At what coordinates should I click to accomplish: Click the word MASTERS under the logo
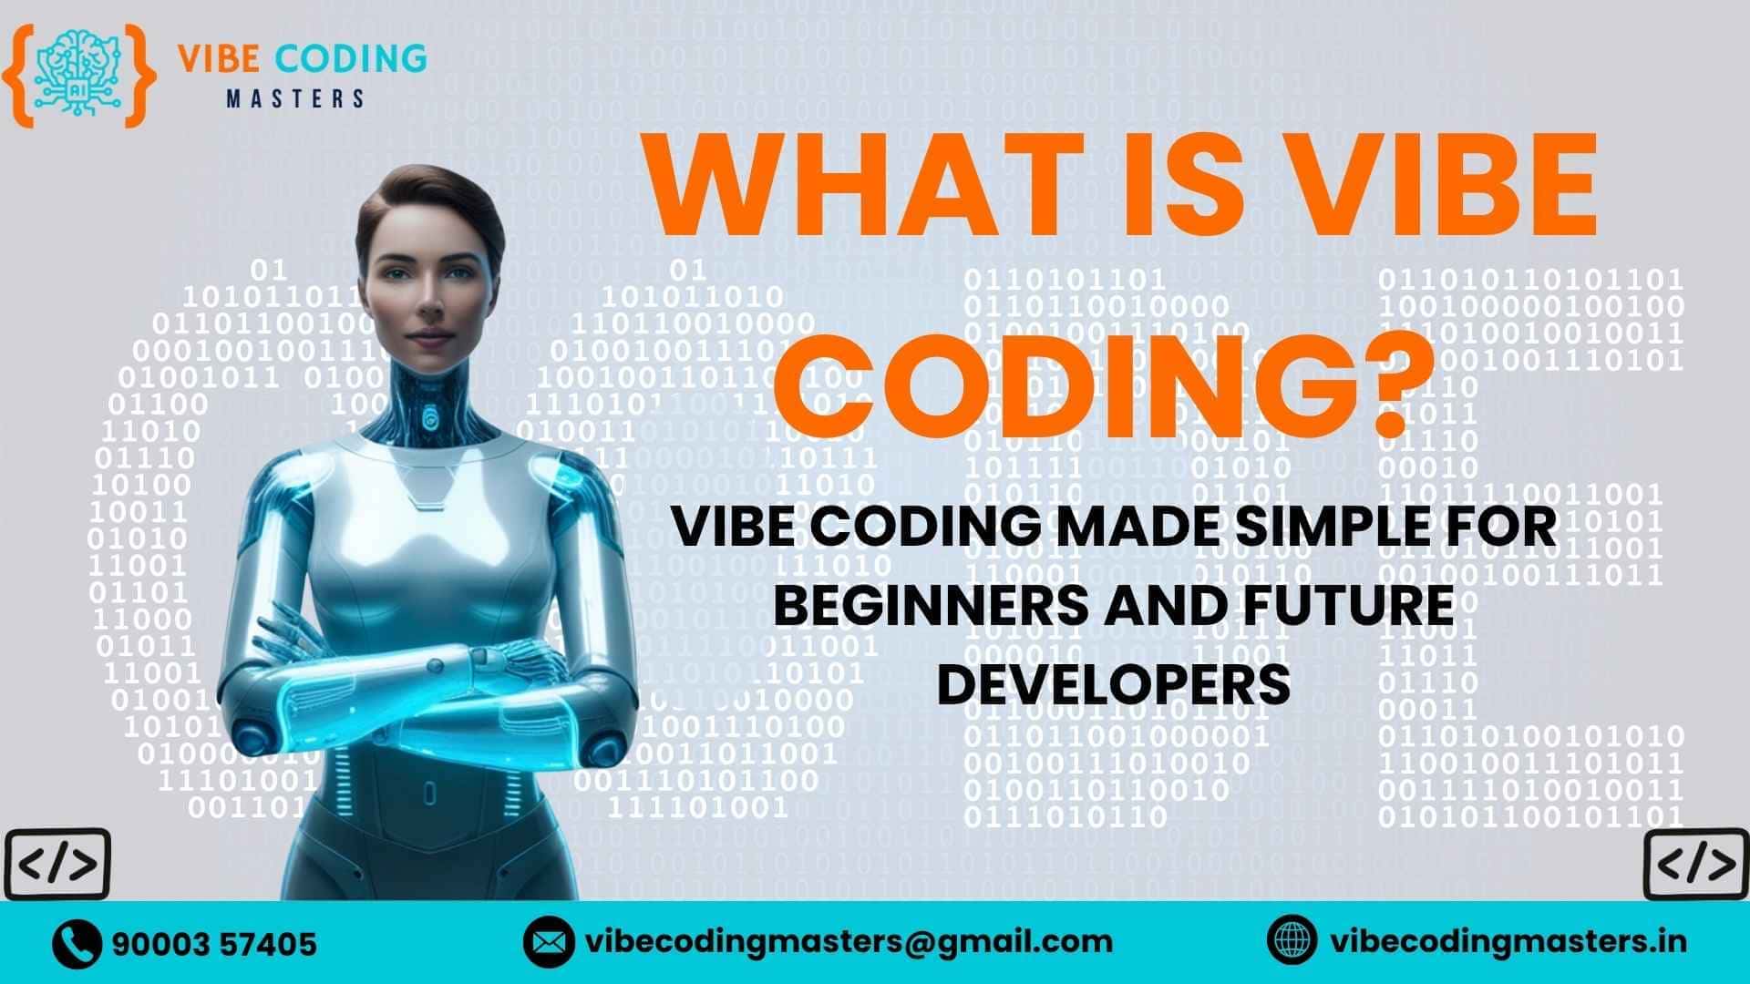point(295,98)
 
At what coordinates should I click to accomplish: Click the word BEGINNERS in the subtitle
point(931,605)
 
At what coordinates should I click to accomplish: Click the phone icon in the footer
point(77,943)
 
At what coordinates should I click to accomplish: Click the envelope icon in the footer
point(549,942)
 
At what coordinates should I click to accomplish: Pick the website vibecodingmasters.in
point(1508,941)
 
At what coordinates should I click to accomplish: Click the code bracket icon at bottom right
point(1695,864)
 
